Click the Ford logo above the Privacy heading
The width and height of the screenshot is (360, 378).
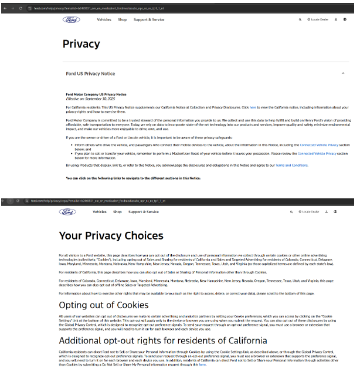tap(72, 19)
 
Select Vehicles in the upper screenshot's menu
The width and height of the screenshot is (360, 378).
tap(104, 19)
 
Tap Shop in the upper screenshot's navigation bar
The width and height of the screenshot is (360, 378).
tap(122, 19)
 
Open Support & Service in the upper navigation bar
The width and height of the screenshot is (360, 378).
tap(149, 19)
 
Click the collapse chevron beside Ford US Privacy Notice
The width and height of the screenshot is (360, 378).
tap(342, 73)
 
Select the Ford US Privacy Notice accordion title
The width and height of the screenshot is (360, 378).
tap(90, 73)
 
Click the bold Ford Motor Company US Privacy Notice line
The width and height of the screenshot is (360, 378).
tap(96, 95)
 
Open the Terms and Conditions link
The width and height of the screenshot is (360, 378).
tap(291, 165)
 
